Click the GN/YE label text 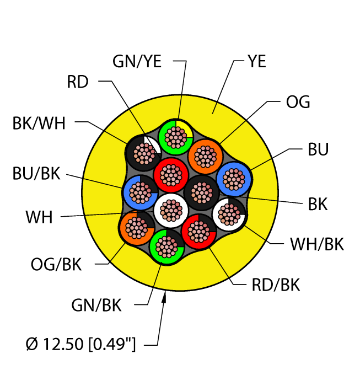pos(137,61)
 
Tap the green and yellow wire pos(175,137)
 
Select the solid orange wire pos(205,156)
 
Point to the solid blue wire pos(234,179)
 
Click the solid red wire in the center pos(171,175)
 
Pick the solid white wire pos(171,211)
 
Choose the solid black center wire pos(202,192)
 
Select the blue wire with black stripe pos(140,192)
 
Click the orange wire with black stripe pos(137,228)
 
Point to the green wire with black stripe pos(166,246)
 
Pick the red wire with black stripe pos(199,232)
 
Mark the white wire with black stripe pos(229,214)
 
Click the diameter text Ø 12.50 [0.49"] pos(80,344)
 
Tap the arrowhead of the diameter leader pos(164,297)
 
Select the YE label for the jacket pos(257,61)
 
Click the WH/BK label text pos(317,244)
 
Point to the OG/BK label pos(56,264)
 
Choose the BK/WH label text pos(39,123)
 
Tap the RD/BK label pos(276,285)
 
